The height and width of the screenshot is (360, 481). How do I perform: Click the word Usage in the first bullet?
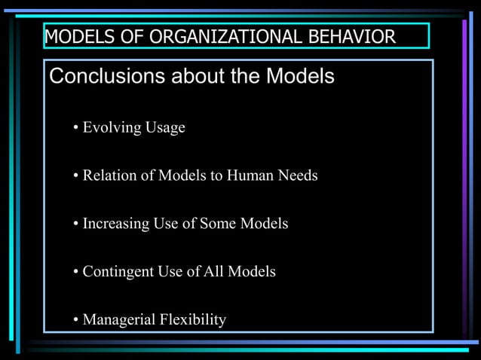tap(166, 128)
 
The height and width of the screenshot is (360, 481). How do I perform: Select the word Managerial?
tap(118, 320)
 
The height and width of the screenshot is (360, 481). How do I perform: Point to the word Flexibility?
tap(192, 320)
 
